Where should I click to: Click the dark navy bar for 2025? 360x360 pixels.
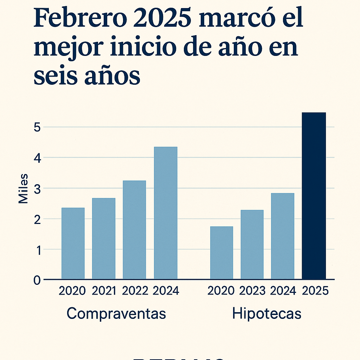point(314,196)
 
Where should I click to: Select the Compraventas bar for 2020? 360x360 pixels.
point(73,243)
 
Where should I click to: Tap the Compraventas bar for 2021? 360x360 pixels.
point(104,238)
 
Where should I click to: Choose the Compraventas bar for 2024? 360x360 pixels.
point(166,213)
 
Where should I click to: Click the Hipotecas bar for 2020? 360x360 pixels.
point(221,253)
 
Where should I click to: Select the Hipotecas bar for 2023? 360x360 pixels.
point(252,244)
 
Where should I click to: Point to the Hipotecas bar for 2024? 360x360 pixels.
point(283,236)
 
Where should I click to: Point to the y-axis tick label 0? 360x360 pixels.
point(37,280)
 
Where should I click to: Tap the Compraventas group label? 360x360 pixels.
point(116,313)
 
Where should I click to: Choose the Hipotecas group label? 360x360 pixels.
point(267,313)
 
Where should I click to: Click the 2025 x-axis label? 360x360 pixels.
point(315,291)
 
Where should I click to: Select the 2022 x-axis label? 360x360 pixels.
point(135,291)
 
